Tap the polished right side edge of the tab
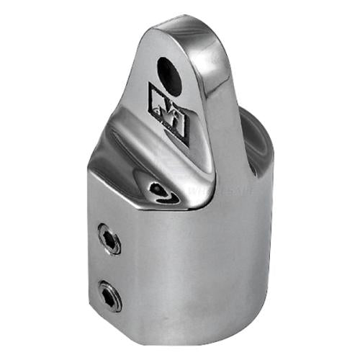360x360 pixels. pyautogui.click(x=216, y=108)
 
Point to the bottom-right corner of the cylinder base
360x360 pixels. pyautogui.click(x=270, y=317)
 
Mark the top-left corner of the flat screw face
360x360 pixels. pyautogui.click(x=91, y=173)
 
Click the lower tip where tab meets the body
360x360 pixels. pyautogui.click(x=193, y=205)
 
